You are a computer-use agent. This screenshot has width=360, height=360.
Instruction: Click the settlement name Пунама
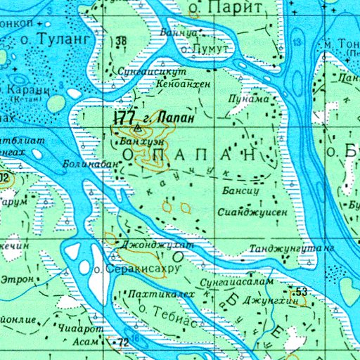248,99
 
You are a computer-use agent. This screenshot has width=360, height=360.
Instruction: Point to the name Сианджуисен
252,212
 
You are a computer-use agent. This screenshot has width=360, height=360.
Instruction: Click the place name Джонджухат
157,244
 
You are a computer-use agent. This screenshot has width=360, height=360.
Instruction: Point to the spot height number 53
302,292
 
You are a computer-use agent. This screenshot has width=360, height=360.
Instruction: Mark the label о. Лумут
205,49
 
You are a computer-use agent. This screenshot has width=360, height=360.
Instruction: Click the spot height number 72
124,342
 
